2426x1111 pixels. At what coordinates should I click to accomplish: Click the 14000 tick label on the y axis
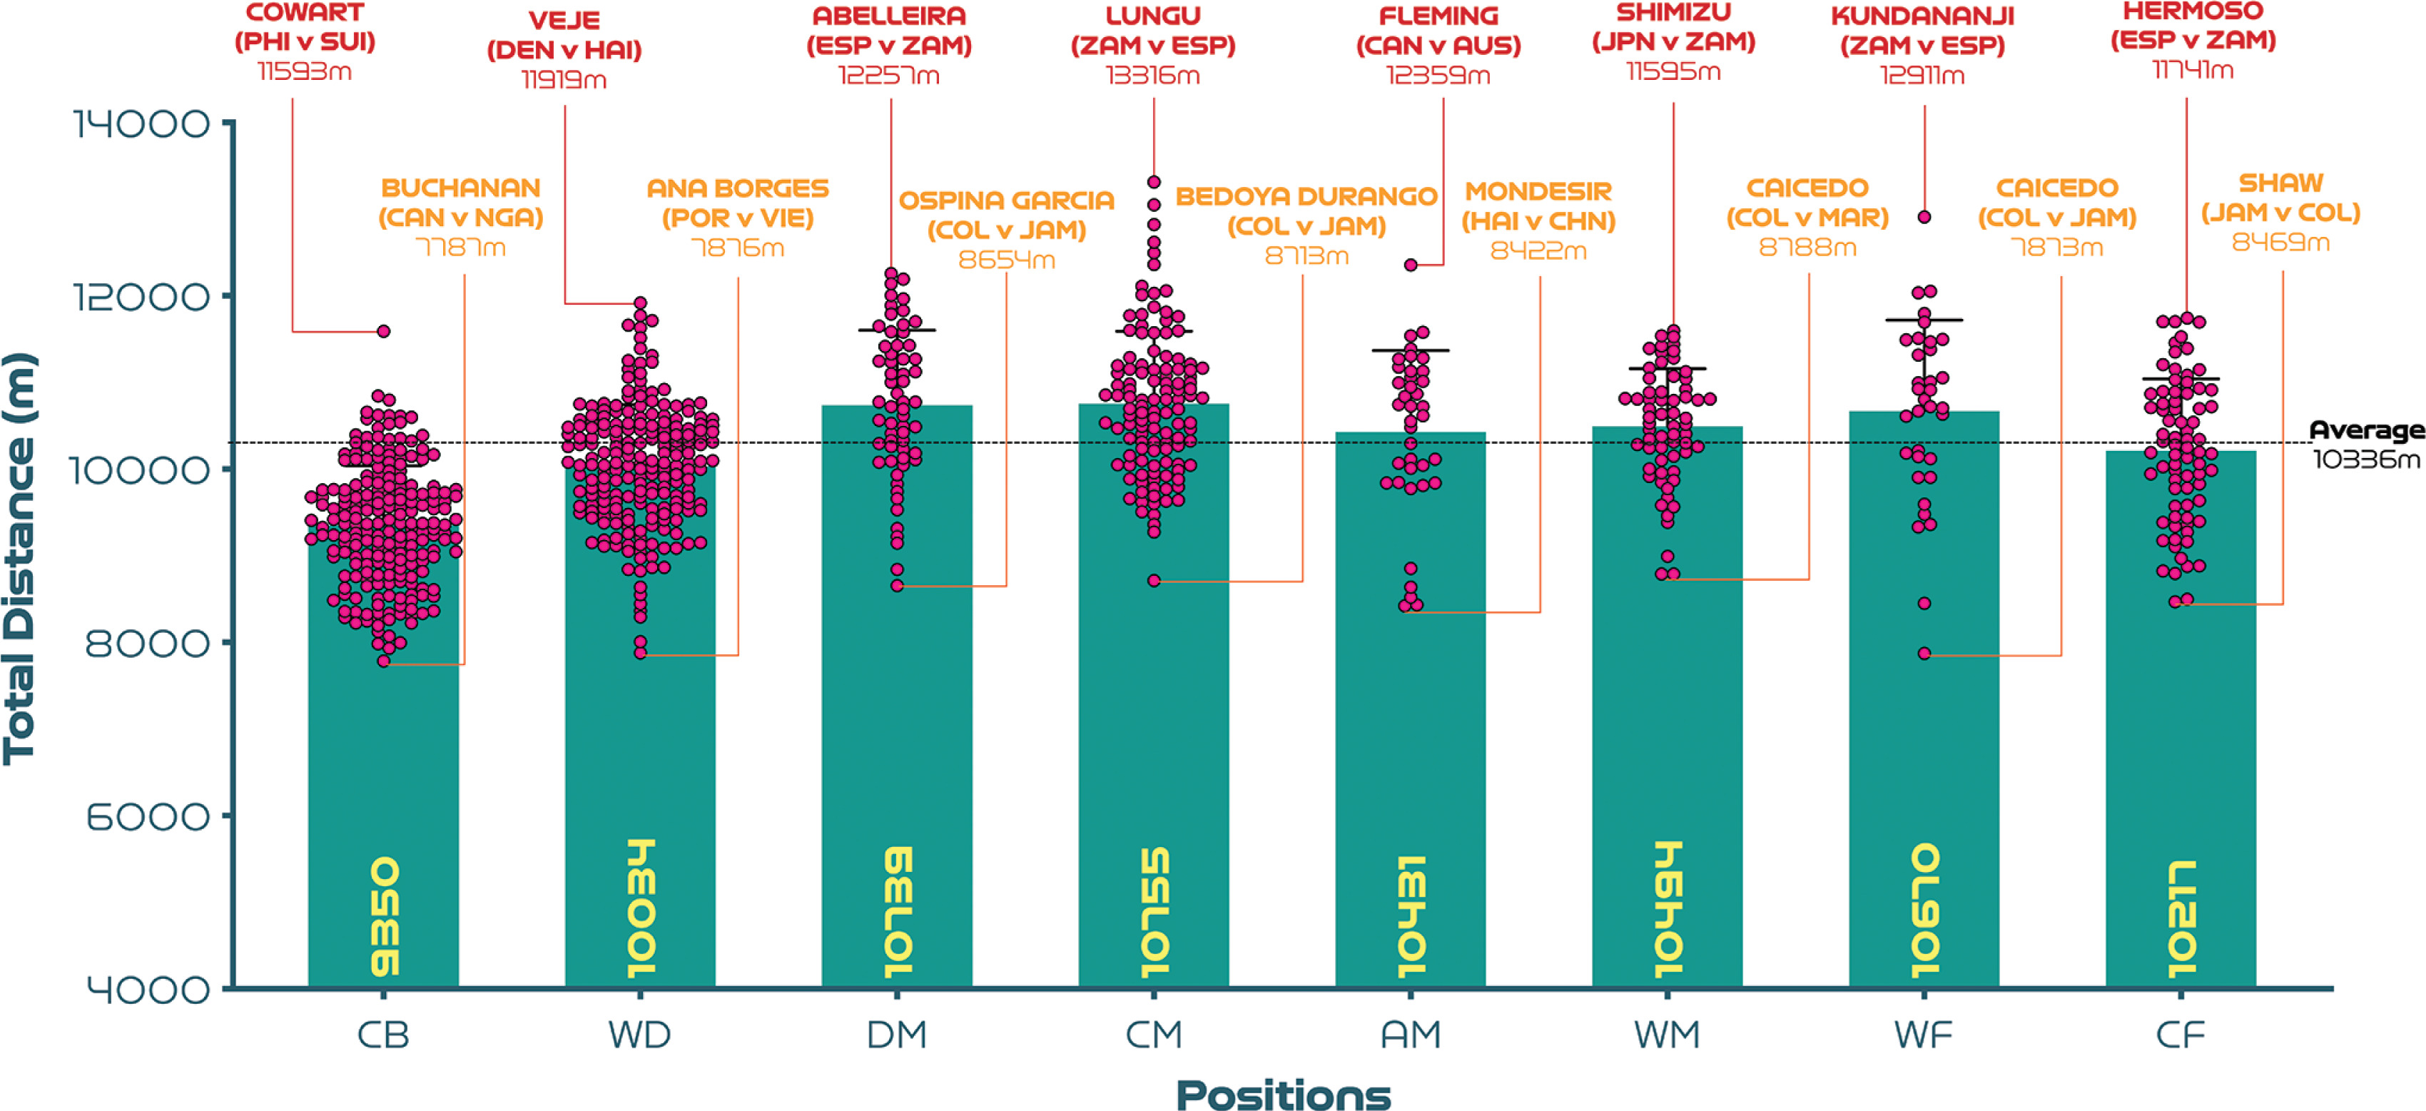(x=141, y=123)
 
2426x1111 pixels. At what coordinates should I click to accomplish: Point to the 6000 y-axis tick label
(x=148, y=816)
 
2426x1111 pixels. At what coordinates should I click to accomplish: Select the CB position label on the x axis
(x=383, y=1035)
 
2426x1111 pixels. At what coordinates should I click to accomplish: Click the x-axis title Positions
(x=1283, y=1095)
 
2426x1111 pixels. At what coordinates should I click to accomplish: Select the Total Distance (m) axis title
(x=20, y=558)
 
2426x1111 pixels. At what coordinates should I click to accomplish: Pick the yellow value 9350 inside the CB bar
(x=385, y=915)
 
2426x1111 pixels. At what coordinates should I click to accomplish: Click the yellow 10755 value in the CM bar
(x=1154, y=911)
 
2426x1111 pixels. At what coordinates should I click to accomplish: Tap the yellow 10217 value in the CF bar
(x=2181, y=918)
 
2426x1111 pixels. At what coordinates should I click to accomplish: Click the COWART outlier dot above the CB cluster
(x=383, y=331)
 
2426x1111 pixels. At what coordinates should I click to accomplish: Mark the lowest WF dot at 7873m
(x=1925, y=654)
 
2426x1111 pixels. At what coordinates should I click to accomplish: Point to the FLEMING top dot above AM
(x=1411, y=265)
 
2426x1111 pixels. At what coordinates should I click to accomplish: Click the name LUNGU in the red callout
(x=1153, y=15)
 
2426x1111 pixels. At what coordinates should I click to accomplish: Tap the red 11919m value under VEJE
(x=564, y=80)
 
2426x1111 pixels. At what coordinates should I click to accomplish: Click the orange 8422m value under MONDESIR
(x=1538, y=250)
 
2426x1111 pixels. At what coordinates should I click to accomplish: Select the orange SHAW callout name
(x=2280, y=183)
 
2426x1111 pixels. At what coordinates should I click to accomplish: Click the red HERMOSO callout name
(x=2193, y=11)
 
